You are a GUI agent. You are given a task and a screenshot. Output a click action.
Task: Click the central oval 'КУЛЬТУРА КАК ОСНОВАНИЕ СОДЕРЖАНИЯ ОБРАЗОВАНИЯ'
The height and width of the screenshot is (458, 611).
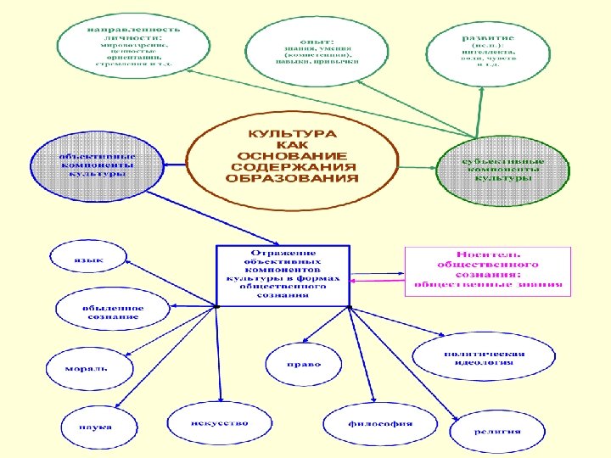click(x=291, y=157)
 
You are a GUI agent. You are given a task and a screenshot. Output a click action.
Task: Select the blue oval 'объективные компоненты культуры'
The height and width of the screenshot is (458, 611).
click(x=96, y=165)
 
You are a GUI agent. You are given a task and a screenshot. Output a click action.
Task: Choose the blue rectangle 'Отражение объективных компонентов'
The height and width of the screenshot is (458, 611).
click(x=283, y=275)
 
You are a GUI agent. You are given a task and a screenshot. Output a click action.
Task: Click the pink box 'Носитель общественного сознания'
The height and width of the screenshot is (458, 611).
click(x=487, y=269)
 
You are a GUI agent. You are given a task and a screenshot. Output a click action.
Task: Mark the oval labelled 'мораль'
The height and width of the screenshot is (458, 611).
click(x=88, y=369)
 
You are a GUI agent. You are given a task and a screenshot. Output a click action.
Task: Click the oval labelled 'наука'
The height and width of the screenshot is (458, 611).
click(x=94, y=426)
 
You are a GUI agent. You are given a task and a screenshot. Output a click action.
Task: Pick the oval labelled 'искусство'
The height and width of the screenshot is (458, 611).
click(x=218, y=422)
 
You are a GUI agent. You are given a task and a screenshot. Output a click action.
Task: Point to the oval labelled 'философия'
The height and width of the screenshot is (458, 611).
click(x=380, y=423)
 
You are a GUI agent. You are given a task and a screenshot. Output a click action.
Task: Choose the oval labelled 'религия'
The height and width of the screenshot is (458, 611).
click(x=497, y=430)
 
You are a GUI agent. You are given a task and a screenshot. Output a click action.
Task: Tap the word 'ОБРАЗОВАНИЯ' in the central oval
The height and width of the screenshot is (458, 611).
click(x=291, y=179)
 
